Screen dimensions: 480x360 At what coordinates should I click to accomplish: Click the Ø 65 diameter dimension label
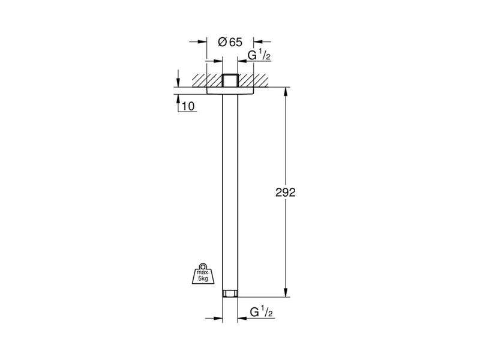pos(230,42)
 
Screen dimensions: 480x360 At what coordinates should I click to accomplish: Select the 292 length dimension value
pos(286,192)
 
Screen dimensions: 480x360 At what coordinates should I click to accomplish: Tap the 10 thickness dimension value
pos(188,106)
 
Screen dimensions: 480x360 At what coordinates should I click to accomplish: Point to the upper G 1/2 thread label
pos(259,55)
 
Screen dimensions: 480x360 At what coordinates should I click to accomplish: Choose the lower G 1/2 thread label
pos(261,312)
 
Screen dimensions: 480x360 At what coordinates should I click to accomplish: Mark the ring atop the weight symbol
pos(203,266)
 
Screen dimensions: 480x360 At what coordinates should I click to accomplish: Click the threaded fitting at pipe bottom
pos(230,294)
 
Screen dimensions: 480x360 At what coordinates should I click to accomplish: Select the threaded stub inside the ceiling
pos(230,80)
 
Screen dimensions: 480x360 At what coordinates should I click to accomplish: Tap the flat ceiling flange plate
pos(230,91)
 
